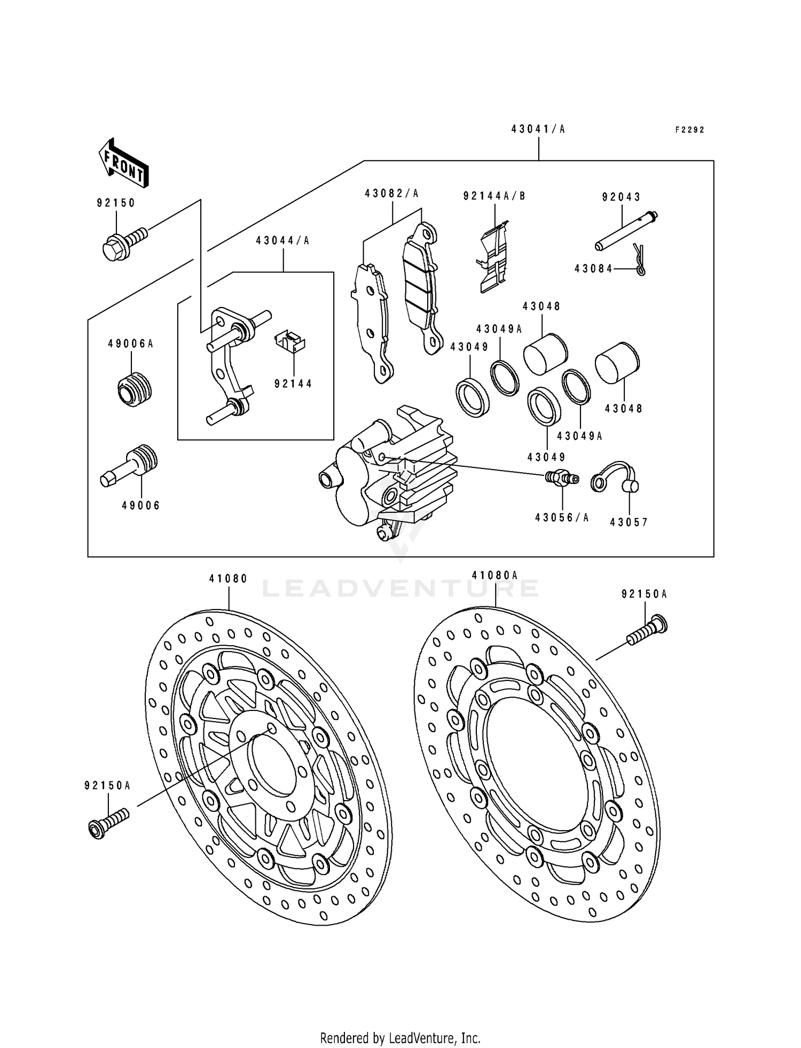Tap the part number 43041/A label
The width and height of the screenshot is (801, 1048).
tap(538, 129)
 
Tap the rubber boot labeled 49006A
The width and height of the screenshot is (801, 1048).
tap(135, 388)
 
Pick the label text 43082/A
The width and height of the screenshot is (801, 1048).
tap(392, 194)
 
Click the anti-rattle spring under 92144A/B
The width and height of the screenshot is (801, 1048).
tap(493, 257)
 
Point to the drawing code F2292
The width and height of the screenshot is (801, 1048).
tap(689, 130)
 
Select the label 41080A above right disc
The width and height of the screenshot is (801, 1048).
tap(495, 575)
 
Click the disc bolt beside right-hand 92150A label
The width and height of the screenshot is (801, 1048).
tap(647, 630)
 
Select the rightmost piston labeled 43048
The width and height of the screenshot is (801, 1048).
tap(617, 362)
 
